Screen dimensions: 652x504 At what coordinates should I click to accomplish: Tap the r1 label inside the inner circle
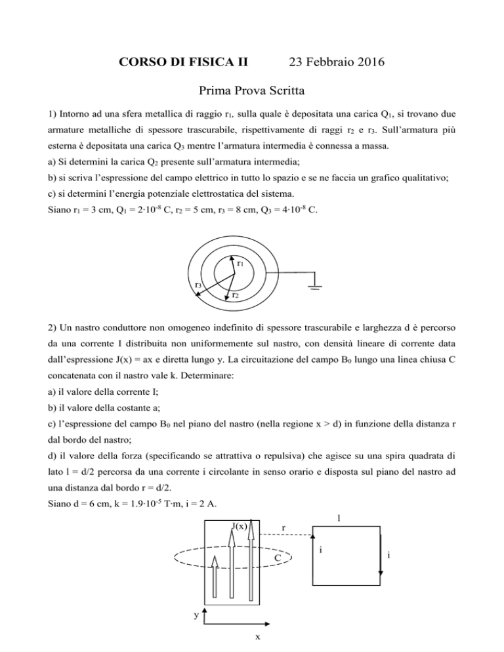click(x=241, y=264)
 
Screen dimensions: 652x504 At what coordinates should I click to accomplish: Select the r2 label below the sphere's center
click(x=235, y=296)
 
